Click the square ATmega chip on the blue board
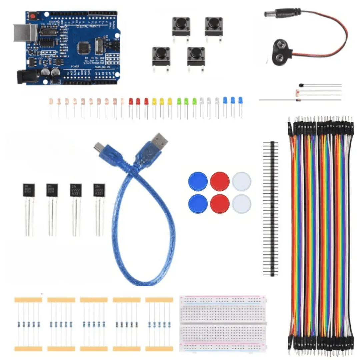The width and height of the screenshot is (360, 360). pos(84,48)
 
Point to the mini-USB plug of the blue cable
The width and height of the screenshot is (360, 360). pos(99,147)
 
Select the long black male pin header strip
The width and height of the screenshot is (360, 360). pos(270,208)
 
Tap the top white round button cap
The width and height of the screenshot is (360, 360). pos(241,181)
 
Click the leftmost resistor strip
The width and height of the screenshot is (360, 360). pos(28,324)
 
